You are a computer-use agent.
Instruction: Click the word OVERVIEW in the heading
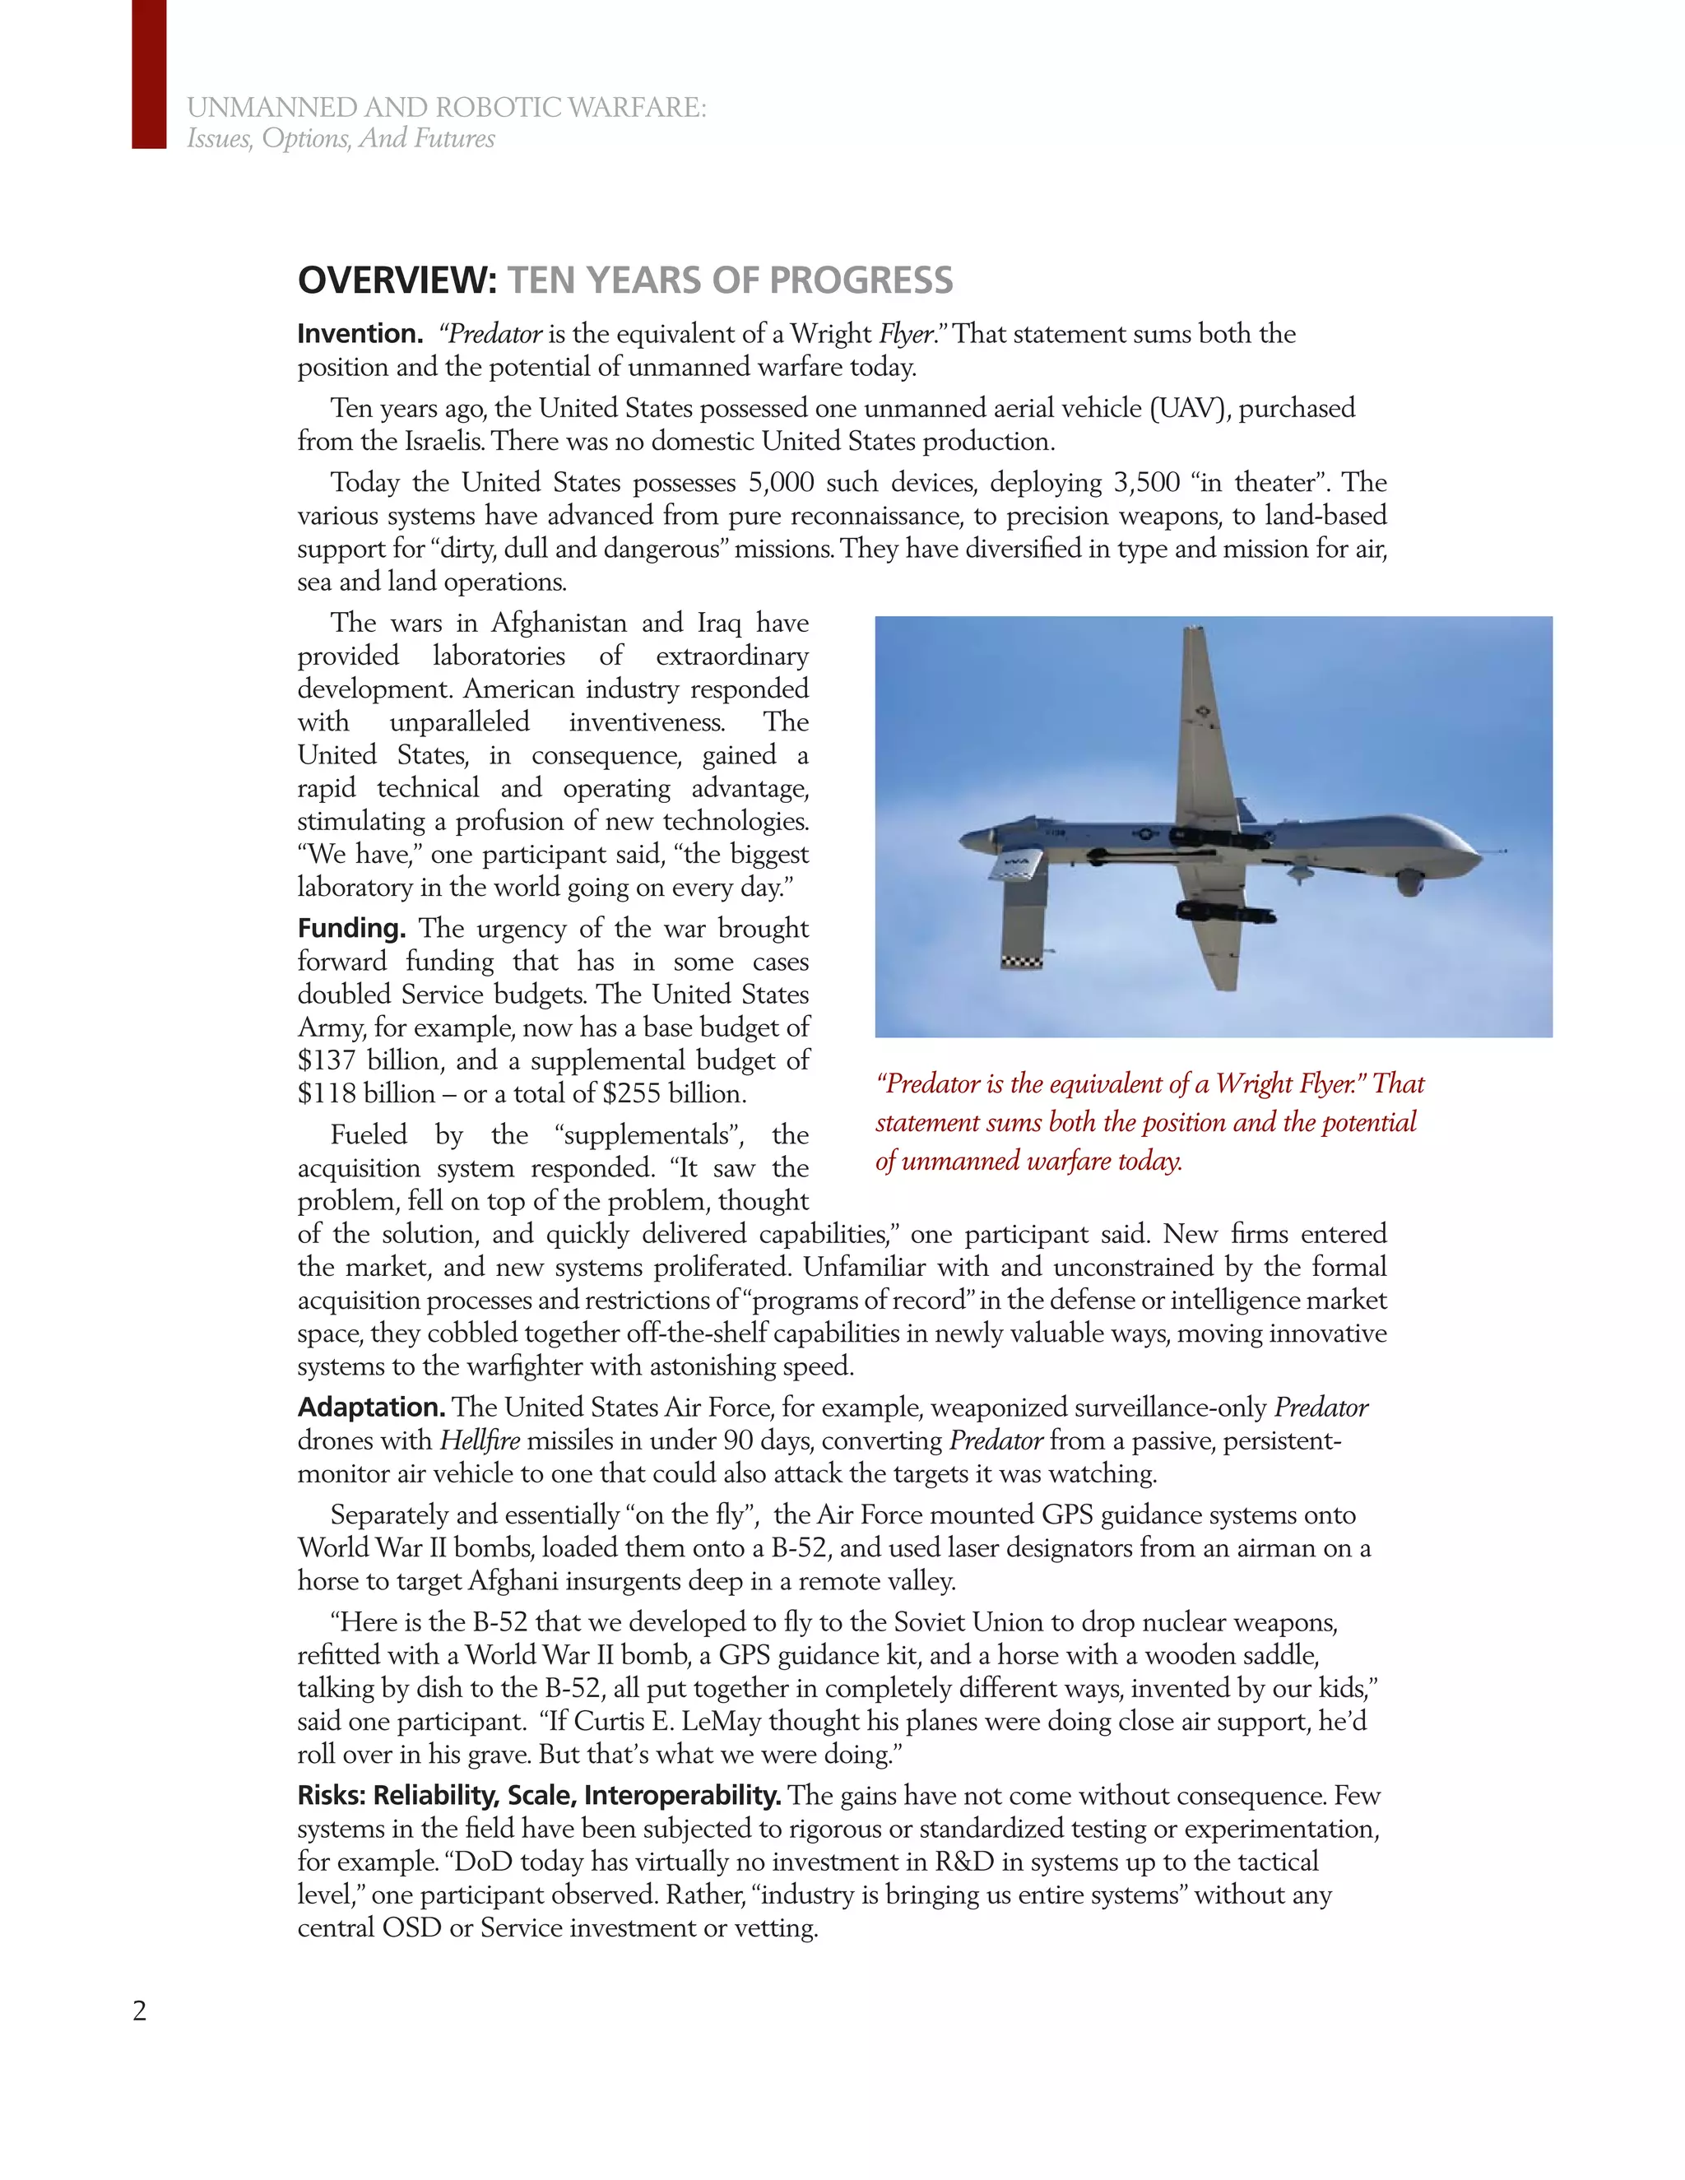click(397, 281)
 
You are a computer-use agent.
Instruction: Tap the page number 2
click(140, 2011)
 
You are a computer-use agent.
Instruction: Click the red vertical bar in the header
click(149, 74)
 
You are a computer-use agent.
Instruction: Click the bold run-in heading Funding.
click(351, 928)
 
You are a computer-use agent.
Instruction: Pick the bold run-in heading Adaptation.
click(370, 1408)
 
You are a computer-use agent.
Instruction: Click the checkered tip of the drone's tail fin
click(1022, 961)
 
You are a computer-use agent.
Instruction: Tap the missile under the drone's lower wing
click(1223, 911)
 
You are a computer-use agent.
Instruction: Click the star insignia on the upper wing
click(1201, 712)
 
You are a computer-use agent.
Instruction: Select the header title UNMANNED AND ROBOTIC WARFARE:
click(446, 108)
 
